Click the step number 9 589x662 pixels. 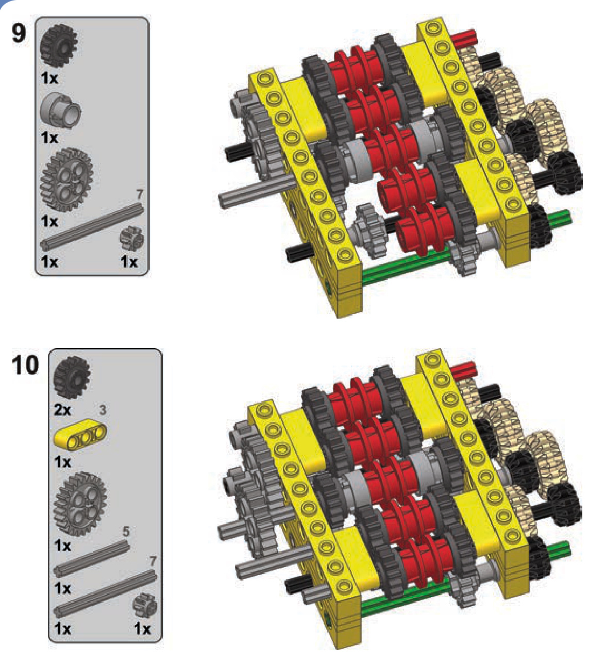pyautogui.click(x=19, y=33)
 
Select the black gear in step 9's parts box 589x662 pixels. pyautogui.click(x=59, y=46)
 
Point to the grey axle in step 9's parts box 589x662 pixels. pyautogui.click(x=92, y=226)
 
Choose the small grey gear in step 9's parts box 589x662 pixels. pyautogui.click(x=131, y=239)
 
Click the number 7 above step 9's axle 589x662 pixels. pyautogui.click(x=140, y=195)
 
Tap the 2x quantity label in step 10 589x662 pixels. pyautogui.click(x=62, y=409)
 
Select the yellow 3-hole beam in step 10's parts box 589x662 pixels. pyautogui.click(x=80, y=433)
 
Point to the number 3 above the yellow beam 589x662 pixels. pyautogui.click(x=103, y=410)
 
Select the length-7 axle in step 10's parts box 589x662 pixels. pyautogui.click(x=105, y=593)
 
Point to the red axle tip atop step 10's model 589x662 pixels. pyautogui.click(x=463, y=371)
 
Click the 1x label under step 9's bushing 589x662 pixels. pyautogui.click(x=49, y=138)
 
